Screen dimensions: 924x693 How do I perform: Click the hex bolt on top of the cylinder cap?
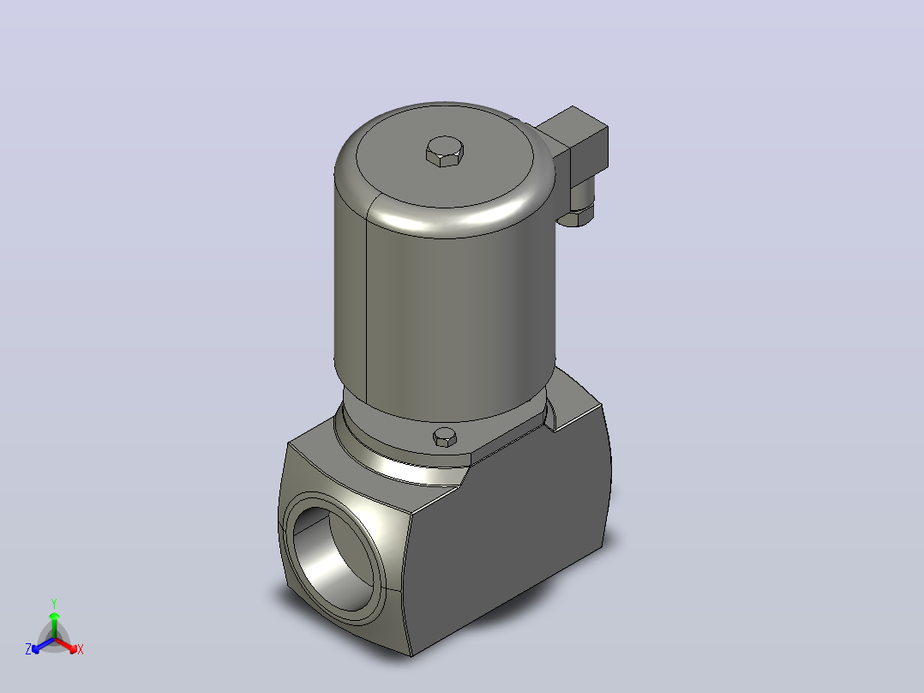(445, 152)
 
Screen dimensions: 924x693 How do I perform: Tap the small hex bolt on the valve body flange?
(445, 437)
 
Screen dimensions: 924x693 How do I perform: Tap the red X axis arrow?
(66, 645)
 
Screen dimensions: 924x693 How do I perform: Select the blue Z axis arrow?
(44, 645)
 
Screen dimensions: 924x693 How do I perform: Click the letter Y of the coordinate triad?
(54, 604)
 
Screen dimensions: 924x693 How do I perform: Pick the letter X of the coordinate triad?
(81, 649)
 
